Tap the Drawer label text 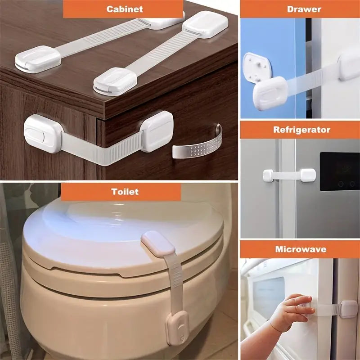pos(304,9)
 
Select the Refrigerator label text pos(301,130)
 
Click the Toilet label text pos(125,192)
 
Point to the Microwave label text pos(301,249)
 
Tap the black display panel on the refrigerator pos(339,171)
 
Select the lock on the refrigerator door pos(289,174)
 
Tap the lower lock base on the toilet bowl pos(178,328)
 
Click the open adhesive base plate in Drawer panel pos(257,67)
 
